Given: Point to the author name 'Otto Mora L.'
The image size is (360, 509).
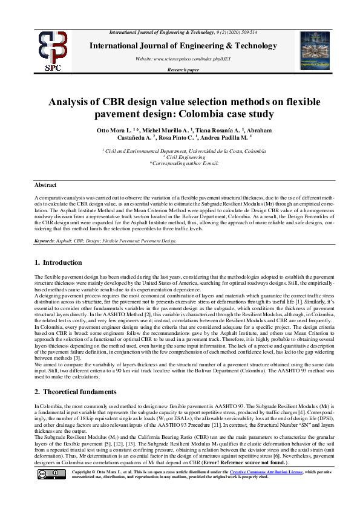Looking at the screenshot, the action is [x=113, y=131].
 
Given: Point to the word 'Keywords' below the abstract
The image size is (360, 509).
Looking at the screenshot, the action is [x=44, y=241].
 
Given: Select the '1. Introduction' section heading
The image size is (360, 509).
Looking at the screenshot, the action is [x=58, y=262].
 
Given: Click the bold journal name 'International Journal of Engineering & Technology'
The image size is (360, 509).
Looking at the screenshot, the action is [x=183, y=46].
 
